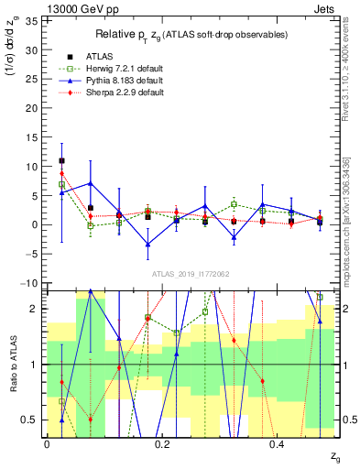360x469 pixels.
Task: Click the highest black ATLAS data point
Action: pos(61,136)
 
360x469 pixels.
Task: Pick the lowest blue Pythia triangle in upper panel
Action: pos(147,244)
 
